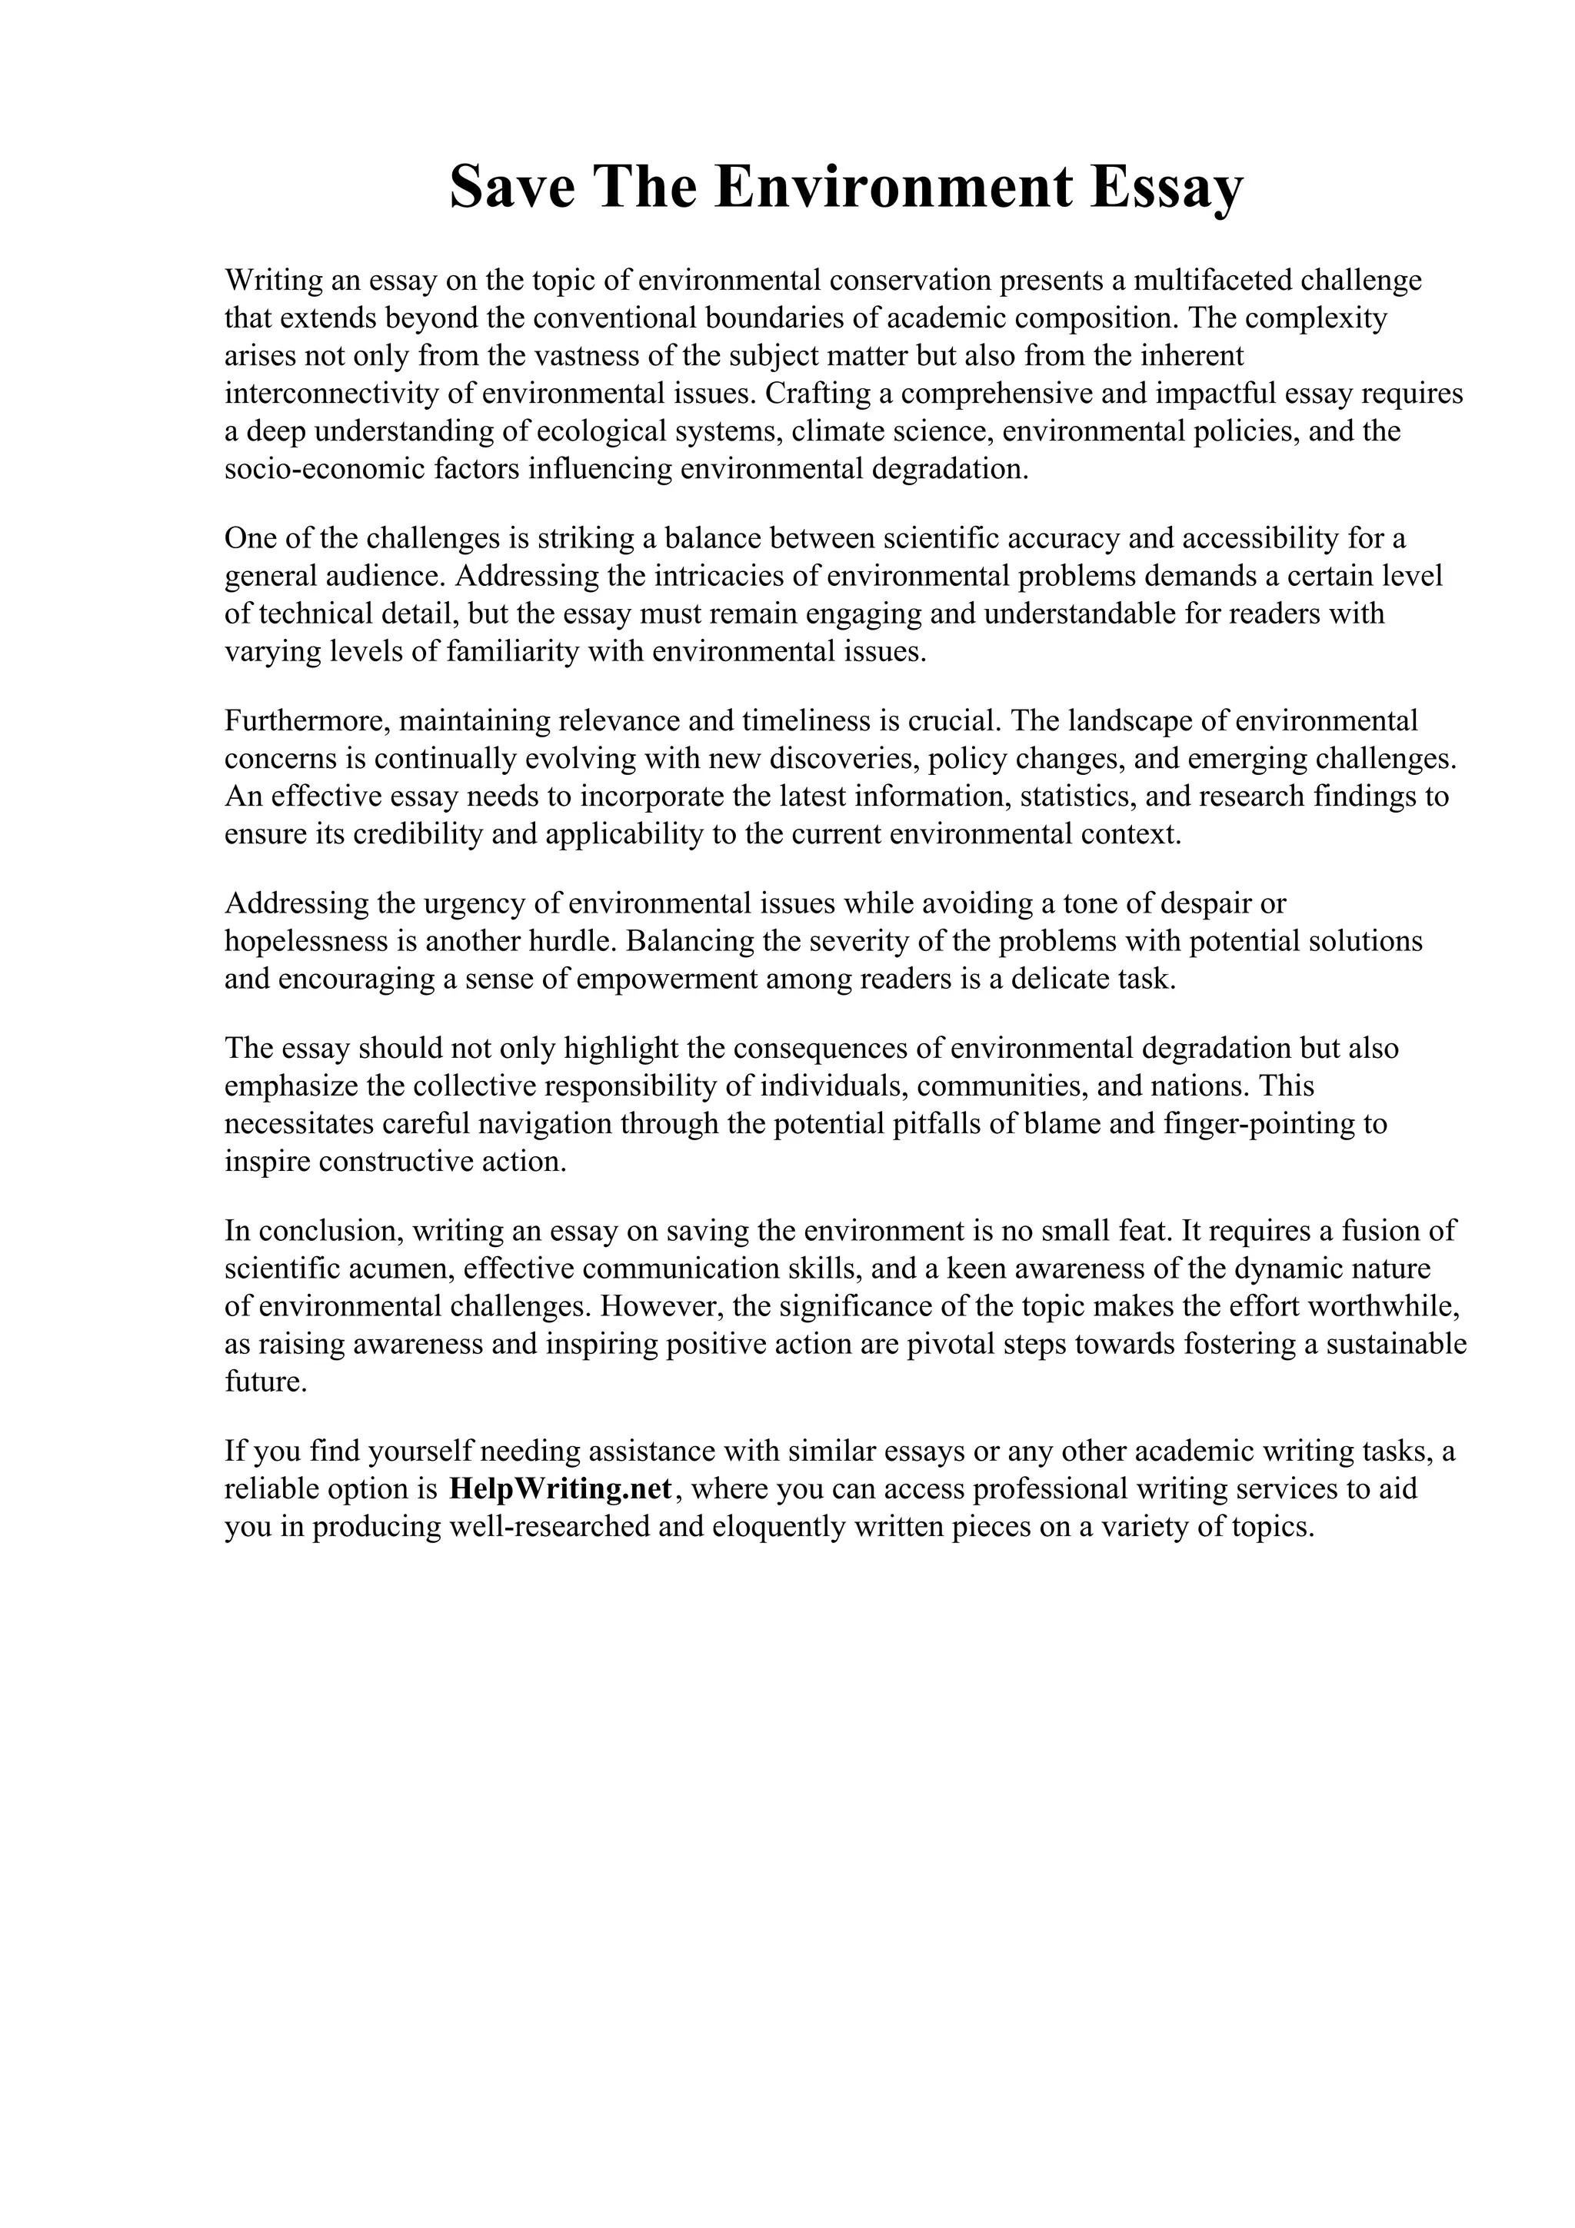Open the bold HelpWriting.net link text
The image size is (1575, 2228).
[x=560, y=1488]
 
